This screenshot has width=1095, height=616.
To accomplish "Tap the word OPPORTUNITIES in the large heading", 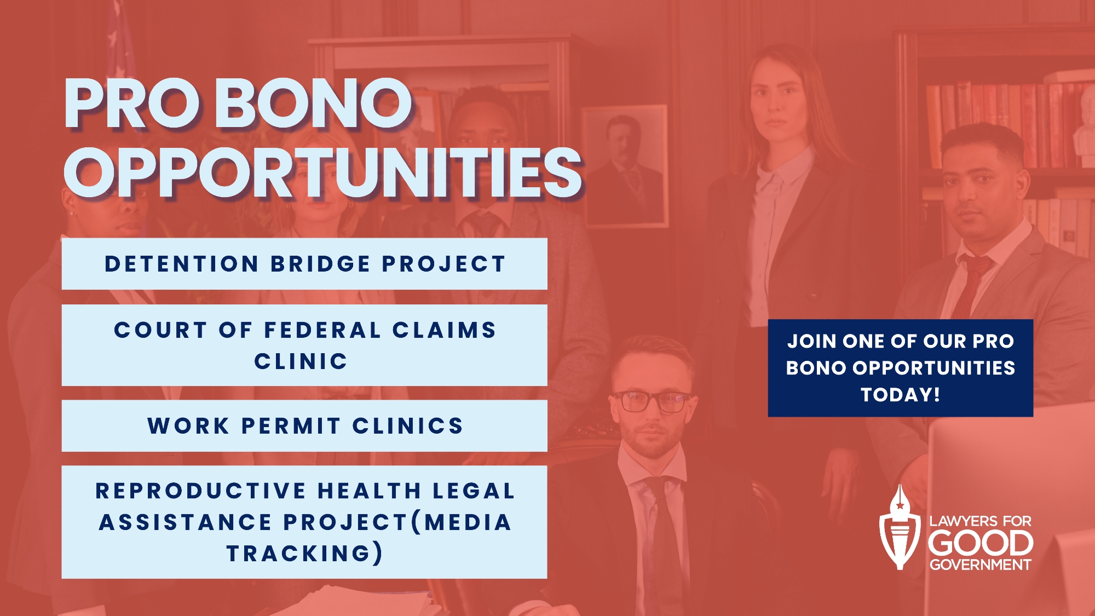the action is (x=322, y=173).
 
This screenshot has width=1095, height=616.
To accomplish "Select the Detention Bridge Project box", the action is (x=304, y=264).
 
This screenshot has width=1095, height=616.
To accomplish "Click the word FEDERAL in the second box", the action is (x=322, y=330).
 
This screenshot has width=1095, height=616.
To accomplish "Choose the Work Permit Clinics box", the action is (x=304, y=426).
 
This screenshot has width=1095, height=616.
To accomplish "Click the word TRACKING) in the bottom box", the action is (x=304, y=553).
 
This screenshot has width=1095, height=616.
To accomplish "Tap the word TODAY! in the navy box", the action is (x=901, y=395).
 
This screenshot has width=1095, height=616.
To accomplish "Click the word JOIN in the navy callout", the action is (x=812, y=341).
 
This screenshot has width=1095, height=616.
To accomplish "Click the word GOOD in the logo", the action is (x=980, y=543).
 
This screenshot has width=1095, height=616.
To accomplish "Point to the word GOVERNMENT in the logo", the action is (x=980, y=565).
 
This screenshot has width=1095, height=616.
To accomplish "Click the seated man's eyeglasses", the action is (x=652, y=401).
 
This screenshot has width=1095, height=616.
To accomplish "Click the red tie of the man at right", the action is (x=974, y=285).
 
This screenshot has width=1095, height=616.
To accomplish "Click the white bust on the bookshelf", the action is (x=1084, y=126).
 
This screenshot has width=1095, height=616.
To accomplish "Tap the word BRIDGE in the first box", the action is (x=321, y=264).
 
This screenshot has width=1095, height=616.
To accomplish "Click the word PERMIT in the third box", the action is (x=291, y=426).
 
